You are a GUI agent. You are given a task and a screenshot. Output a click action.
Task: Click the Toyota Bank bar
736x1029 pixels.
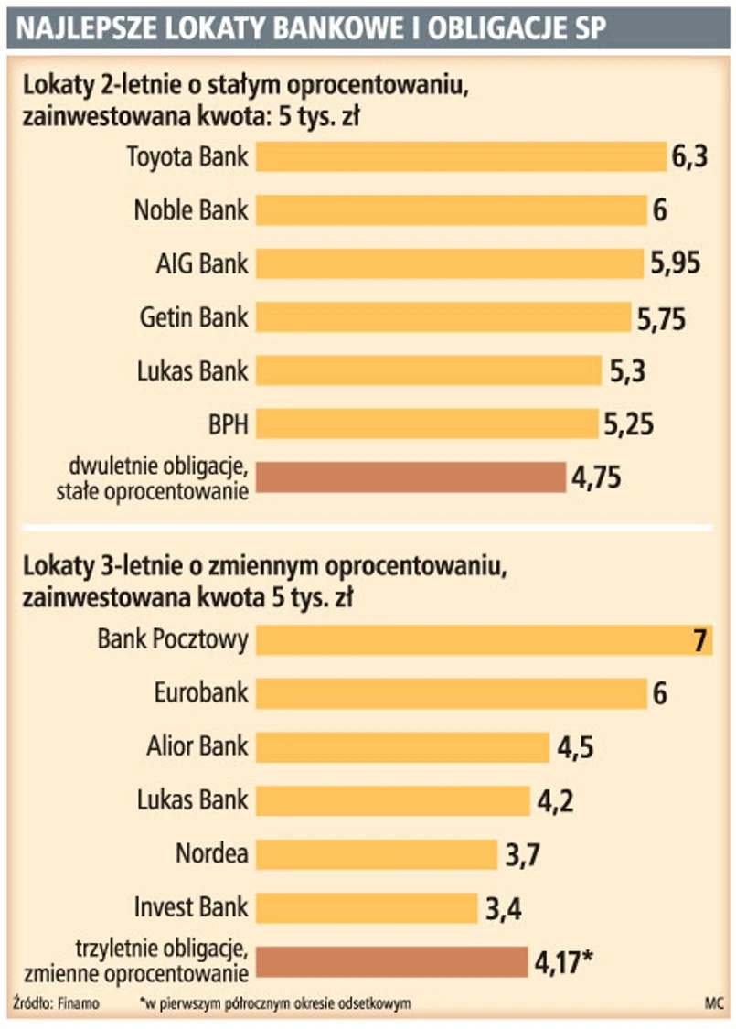[461, 157]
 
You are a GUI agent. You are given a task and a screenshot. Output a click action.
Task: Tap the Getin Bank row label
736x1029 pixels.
[194, 318]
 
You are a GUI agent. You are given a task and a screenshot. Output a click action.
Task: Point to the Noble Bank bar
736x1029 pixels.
[451, 210]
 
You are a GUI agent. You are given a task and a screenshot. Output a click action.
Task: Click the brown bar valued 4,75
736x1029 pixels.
[411, 477]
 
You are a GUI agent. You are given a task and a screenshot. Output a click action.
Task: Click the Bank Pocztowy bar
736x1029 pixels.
[484, 640]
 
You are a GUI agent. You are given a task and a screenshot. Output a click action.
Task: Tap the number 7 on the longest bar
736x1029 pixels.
[701, 640]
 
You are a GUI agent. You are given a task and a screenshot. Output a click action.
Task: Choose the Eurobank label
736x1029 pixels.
[201, 693]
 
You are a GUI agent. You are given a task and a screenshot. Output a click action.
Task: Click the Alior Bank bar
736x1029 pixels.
[402, 747]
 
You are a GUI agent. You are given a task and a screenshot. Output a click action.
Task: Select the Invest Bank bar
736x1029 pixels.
[367, 908]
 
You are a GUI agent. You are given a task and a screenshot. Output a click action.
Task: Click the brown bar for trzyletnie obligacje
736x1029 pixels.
[391, 962]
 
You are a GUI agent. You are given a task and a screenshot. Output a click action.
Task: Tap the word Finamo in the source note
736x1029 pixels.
[79, 1002]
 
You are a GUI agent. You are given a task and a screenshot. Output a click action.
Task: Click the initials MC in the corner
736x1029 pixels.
[713, 1002]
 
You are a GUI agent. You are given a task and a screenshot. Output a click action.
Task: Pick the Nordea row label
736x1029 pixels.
[212, 854]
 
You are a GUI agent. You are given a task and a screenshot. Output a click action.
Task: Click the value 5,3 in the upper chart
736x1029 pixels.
[628, 371]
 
